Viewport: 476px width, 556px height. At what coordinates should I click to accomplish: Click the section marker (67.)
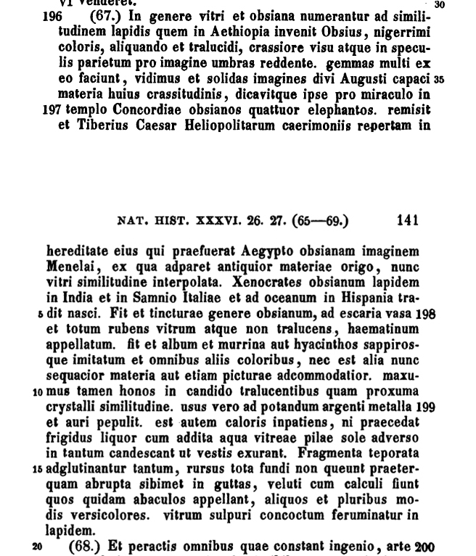tap(106, 17)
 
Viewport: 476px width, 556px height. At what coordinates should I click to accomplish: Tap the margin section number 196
tap(52, 17)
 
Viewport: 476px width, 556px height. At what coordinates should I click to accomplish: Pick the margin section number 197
tap(52, 110)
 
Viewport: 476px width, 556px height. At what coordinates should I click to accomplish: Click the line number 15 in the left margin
tap(38, 469)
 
